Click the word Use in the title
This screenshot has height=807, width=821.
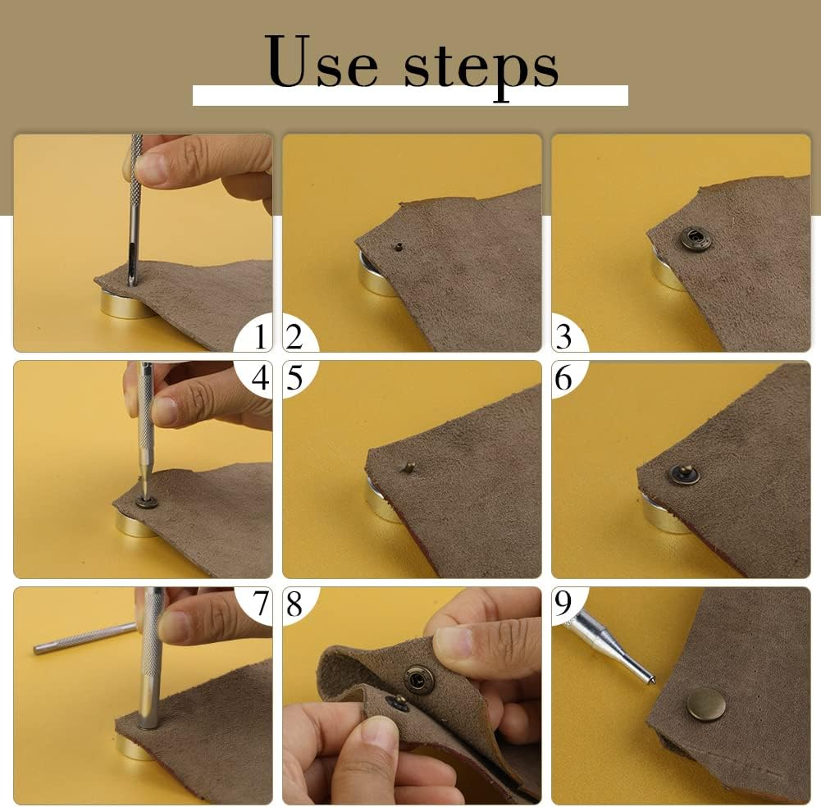click(321, 62)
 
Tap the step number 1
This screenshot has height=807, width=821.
click(260, 336)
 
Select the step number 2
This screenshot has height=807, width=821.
click(294, 337)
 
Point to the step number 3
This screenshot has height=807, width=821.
click(563, 337)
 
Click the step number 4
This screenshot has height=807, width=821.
click(260, 377)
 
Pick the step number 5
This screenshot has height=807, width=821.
click(294, 377)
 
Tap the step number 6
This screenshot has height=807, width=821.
click(563, 377)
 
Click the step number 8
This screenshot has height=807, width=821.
click(294, 604)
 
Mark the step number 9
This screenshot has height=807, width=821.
click(563, 604)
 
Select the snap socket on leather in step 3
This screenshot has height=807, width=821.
click(695, 239)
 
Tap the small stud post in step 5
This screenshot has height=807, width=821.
click(409, 467)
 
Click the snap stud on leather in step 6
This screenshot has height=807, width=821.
click(681, 474)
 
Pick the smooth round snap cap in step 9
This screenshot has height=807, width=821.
click(706, 704)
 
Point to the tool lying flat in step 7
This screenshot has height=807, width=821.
click(84, 638)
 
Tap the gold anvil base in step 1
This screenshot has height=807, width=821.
click(126, 306)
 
